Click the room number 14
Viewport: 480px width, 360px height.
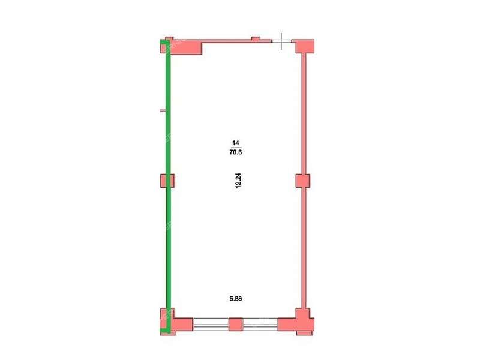(x=235, y=143)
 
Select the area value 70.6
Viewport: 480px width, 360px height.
(x=235, y=152)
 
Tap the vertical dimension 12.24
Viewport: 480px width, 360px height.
(x=238, y=181)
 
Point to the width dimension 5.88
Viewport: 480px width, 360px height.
(x=235, y=298)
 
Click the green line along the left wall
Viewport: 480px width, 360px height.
(x=168, y=186)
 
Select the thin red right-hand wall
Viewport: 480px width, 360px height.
(x=304, y=181)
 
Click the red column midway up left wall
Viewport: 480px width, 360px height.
(x=167, y=181)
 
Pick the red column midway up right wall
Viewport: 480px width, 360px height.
(x=303, y=181)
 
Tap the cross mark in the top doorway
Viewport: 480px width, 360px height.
(x=281, y=41)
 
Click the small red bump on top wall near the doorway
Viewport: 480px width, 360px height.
(x=256, y=38)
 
